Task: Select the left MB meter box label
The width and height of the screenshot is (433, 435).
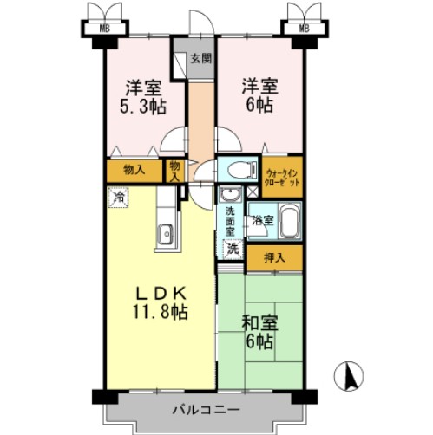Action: pyautogui.click(x=103, y=29)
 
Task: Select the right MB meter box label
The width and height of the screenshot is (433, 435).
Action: pyautogui.click(x=304, y=29)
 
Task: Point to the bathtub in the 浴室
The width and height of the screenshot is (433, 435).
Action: pyautogui.click(x=289, y=221)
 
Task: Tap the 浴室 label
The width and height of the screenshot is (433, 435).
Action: pyautogui.click(x=261, y=221)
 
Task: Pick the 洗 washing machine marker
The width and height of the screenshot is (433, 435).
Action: pyautogui.click(x=232, y=249)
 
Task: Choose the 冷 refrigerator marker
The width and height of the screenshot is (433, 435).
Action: pyautogui.click(x=117, y=197)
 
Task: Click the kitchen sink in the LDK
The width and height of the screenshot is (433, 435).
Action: pyautogui.click(x=162, y=233)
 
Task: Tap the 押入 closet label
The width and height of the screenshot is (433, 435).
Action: pyautogui.click(x=273, y=256)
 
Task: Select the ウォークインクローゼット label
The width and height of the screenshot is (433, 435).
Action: pyautogui.click(x=284, y=179)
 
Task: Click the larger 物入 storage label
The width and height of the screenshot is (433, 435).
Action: pyautogui.click(x=134, y=170)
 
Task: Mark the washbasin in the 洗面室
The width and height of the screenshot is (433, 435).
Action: pyautogui.click(x=231, y=194)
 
